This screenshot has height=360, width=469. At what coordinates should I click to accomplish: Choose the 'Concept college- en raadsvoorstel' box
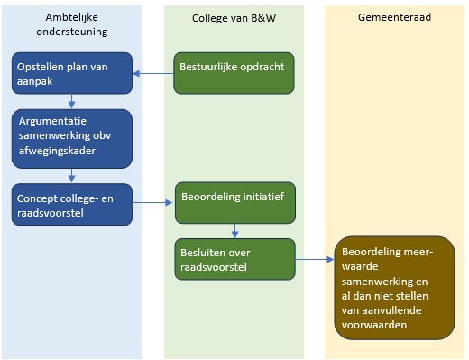coord(73,204)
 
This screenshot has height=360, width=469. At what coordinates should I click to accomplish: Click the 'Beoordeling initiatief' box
coord(234,203)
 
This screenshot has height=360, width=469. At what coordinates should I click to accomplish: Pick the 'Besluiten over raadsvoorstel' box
coord(234,260)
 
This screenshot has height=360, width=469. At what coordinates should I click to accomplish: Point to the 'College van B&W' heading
coord(233,19)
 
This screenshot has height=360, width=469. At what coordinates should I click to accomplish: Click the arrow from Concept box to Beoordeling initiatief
coord(153,203)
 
